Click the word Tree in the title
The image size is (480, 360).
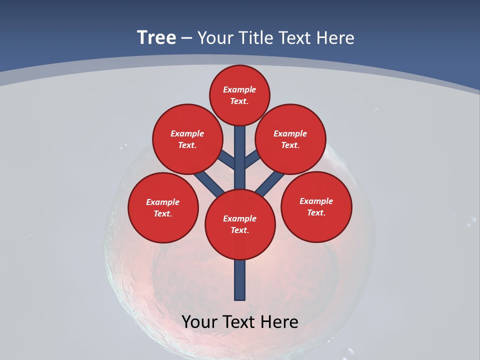click(156, 38)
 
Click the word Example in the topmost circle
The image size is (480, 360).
click(239, 90)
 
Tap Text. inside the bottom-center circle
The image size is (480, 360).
click(239, 230)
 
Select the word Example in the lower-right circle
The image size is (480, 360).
click(316, 201)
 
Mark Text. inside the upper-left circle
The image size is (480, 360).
click(187, 145)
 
